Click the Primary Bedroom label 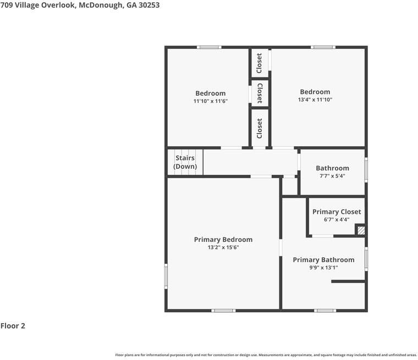coord(223,240)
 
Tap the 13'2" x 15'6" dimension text coord(223,247)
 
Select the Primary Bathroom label coord(323,260)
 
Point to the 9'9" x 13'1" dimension coord(323,268)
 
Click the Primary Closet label coord(337,212)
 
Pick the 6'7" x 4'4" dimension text coord(337,219)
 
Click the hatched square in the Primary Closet coord(361,230)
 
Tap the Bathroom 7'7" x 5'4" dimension coord(332,176)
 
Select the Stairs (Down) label coord(185,162)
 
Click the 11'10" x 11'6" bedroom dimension coord(211,101)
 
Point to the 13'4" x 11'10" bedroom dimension coord(315,99)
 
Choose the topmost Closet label coord(259,63)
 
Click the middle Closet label coord(260,93)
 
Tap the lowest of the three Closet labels coord(260,129)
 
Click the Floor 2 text coord(13,326)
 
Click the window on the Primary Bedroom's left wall coord(166,276)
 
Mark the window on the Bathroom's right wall coord(366,170)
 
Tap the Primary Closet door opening coord(322,236)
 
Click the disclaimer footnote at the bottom coord(266,355)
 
